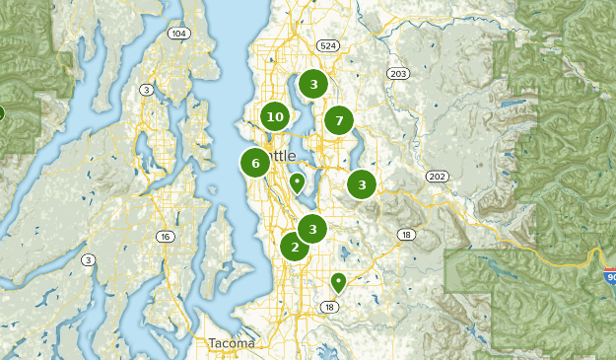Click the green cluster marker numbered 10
click(x=275, y=117)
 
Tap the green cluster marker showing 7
click(x=339, y=121)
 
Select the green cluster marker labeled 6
click(x=255, y=164)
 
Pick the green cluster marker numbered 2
click(x=294, y=247)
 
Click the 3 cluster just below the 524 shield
click(x=313, y=84)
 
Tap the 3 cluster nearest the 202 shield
click(x=363, y=184)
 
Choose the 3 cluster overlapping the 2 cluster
click(x=312, y=230)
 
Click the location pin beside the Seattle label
click(x=297, y=182)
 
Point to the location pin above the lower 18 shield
click(x=339, y=282)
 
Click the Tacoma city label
click(x=232, y=343)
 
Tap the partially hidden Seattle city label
click(x=279, y=156)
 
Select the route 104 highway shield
click(x=177, y=33)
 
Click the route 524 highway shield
click(x=328, y=45)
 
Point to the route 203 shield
click(x=398, y=74)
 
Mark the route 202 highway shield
click(x=437, y=177)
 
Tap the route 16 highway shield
click(x=165, y=237)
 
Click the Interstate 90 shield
click(x=609, y=277)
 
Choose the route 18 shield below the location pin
click(x=329, y=308)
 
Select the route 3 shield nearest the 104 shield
click(x=147, y=90)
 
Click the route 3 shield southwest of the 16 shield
click(x=89, y=260)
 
